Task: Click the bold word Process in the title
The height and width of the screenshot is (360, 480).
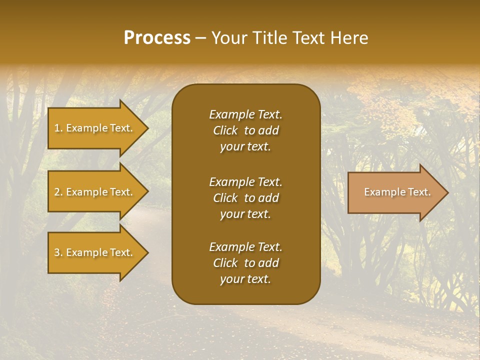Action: tap(157, 38)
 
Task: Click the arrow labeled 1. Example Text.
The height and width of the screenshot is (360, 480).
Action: tap(95, 128)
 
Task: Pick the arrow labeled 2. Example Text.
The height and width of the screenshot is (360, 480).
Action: tap(95, 192)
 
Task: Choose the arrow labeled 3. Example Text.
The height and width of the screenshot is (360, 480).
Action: tap(95, 252)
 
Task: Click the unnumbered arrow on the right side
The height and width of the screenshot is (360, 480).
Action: tap(395, 192)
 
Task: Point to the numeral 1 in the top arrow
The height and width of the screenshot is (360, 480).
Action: tap(57, 128)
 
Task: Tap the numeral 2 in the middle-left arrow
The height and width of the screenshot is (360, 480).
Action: tap(57, 192)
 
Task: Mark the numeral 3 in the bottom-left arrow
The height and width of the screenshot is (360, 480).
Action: tap(57, 252)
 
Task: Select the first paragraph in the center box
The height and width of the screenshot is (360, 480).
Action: tap(245, 130)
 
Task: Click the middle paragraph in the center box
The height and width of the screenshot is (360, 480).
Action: tap(245, 198)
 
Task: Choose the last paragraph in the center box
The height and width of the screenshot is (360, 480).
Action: tap(245, 263)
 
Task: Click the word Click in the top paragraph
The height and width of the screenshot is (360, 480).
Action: tap(225, 130)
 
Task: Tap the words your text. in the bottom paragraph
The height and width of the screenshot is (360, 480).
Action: tap(245, 279)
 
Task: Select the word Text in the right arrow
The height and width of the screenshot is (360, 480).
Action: tap(419, 192)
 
